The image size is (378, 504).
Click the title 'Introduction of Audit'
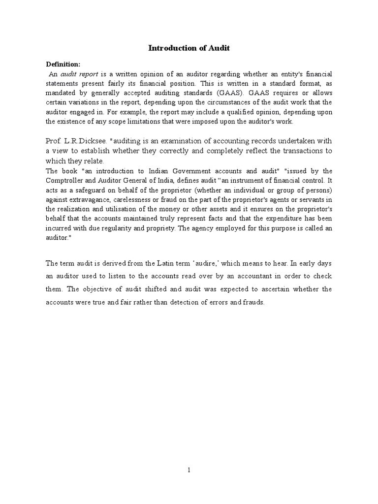(x=189, y=48)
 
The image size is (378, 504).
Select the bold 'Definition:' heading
(x=63, y=64)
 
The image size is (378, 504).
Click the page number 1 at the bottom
(x=189, y=470)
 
